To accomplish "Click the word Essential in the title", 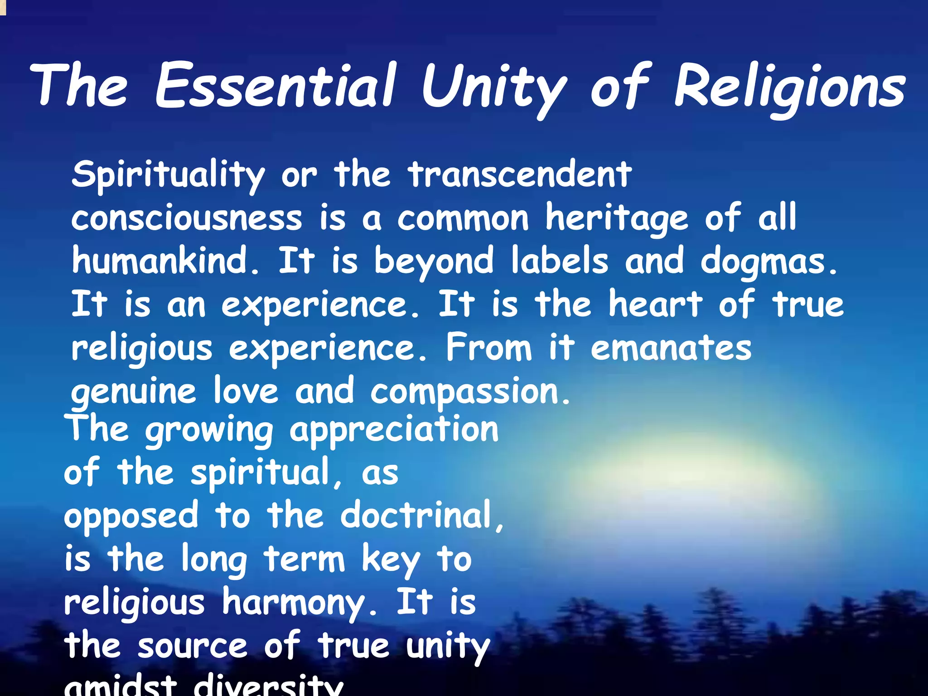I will (x=275, y=86).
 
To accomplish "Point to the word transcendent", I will (x=519, y=174).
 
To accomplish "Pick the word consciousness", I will (x=186, y=218).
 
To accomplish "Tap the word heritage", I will (x=617, y=218).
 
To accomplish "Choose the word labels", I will (x=560, y=261).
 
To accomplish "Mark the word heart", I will (x=655, y=304).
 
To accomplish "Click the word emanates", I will (x=671, y=348).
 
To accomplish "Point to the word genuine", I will (x=134, y=392).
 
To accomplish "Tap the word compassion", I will (x=469, y=392).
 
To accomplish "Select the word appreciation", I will (x=394, y=430).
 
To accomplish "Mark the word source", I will (x=193, y=646).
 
